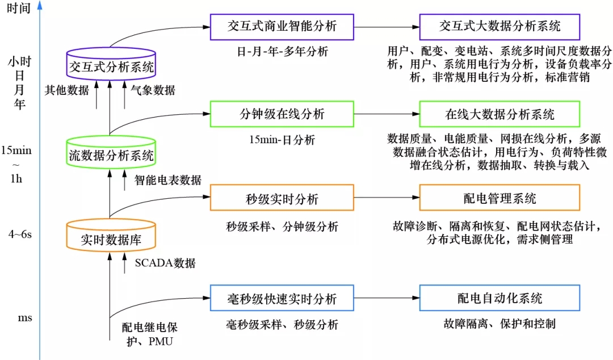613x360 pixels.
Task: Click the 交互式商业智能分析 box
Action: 282,26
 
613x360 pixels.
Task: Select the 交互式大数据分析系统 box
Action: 499,26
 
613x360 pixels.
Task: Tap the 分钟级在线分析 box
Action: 282,114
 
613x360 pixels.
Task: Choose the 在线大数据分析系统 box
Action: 499,114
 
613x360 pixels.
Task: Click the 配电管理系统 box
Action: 499,198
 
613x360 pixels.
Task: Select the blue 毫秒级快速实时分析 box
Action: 282,299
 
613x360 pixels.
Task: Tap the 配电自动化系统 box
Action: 499,299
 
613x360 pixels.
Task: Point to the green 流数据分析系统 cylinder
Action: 111,153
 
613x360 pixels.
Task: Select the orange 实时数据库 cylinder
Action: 111,237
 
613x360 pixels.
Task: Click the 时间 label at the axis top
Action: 19,11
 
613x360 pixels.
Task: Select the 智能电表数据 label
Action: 168,180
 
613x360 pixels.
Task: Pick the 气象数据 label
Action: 153,90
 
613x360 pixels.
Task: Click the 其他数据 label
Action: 67,90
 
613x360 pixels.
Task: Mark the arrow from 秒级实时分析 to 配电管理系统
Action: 386,198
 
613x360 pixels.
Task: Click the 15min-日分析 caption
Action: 282,139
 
